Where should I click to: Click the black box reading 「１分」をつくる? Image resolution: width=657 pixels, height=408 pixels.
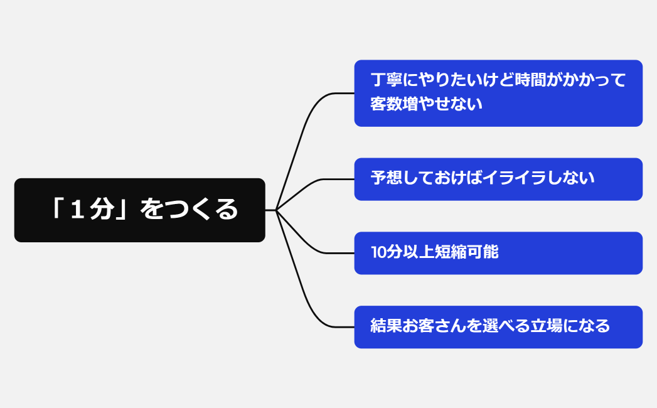139,210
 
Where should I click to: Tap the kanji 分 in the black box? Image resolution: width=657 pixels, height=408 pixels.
102,210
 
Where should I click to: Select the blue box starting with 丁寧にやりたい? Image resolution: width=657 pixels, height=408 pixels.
498,93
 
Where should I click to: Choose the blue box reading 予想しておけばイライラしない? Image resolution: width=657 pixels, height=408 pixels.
498,179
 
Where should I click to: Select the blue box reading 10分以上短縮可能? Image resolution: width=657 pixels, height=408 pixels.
498,253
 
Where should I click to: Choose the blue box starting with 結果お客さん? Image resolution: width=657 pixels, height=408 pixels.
498,327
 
